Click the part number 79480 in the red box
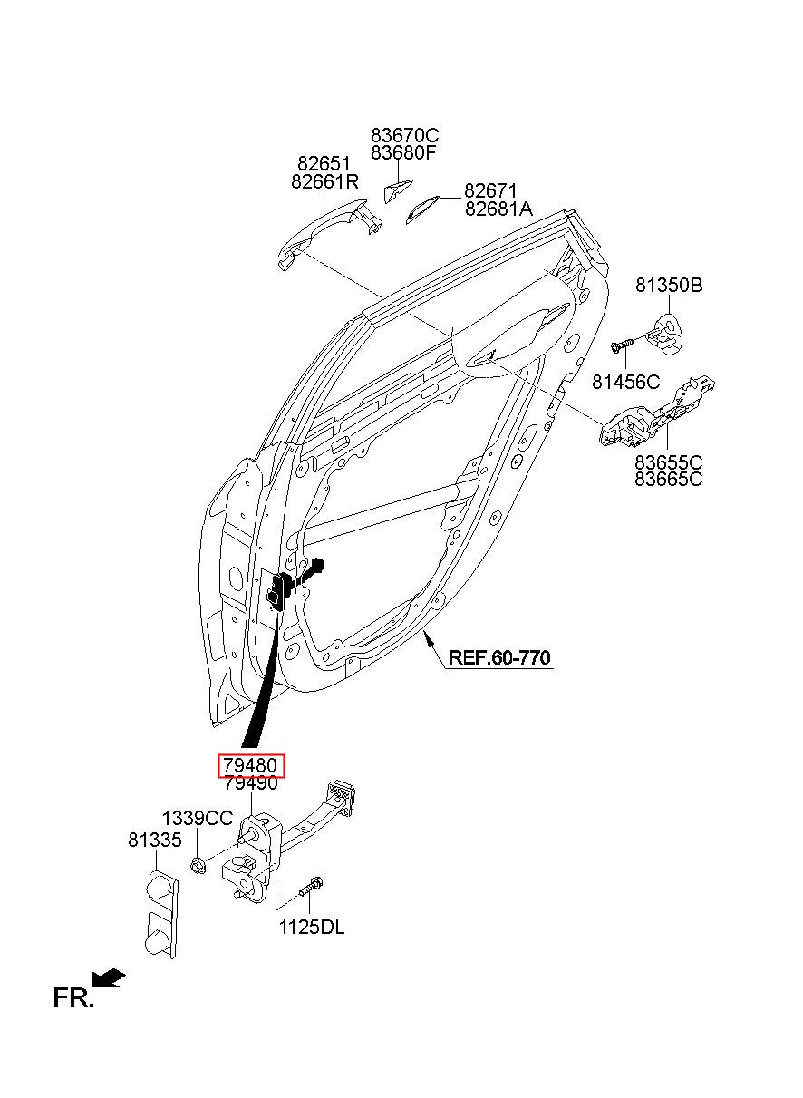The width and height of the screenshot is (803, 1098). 250,765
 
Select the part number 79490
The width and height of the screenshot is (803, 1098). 251,782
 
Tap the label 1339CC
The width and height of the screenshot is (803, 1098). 198,818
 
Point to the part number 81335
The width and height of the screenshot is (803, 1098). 155,840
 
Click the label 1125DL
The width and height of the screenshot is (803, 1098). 312,927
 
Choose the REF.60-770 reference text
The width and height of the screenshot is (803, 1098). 499,656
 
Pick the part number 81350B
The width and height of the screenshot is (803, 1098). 669,285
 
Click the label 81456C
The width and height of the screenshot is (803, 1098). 625,382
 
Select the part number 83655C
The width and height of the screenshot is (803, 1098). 668,462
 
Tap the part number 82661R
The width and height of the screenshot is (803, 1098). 324,182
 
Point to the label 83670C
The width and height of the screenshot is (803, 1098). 405,135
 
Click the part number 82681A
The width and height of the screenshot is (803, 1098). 498,209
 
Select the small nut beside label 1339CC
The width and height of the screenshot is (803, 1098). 198,864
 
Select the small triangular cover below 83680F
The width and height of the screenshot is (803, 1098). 397,190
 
